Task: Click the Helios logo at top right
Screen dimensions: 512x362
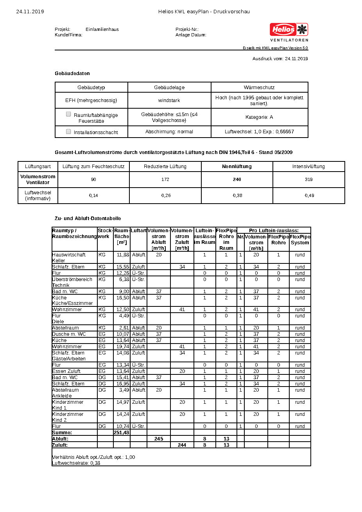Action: [x=289, y=30]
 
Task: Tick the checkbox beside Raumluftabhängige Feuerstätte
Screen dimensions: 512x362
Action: [x=68, y=115]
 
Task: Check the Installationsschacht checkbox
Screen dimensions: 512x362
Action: [x=68, y=132]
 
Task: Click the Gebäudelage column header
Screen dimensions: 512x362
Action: [x=169, y=88]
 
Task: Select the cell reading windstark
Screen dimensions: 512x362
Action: [x=169, y=100]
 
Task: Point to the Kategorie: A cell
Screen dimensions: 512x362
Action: [x=259, y=117]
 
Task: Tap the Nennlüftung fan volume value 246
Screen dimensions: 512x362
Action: [x=237, y=179]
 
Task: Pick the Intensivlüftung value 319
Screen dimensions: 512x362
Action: [x=309, y=179]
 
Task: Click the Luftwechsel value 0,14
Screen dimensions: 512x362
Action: [x=93, y=195]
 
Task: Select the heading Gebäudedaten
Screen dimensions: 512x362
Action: [x=72, y=73]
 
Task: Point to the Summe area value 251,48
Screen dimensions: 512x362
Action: [x=122, y=433]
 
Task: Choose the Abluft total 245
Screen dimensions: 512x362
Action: [x=159, y=439]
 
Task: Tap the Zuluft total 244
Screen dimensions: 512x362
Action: [x=182, y=445]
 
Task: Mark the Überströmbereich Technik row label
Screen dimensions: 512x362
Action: [x=72, y=282]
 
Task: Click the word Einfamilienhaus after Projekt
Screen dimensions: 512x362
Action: [x=102, y=30]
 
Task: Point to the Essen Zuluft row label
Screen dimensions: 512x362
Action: [x=66, y=371]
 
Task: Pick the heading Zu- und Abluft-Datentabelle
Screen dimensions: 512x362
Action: [x=88, y=218]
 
